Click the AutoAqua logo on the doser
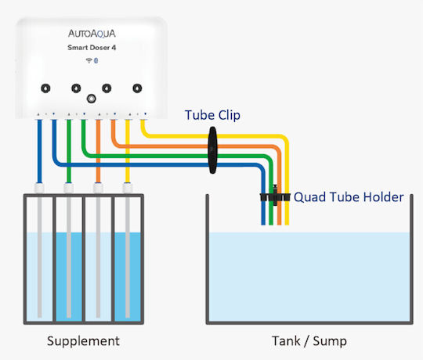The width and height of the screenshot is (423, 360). click(x=92, y=34)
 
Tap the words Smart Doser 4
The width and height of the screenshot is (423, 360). click(x=92, y=48)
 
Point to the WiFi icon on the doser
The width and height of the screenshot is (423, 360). click(x=89, y=60)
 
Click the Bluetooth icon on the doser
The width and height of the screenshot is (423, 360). click(x=96, y=60)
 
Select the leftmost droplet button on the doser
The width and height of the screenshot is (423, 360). click(x=45, y=88)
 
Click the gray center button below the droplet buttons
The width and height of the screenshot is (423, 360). click(x=91, y=99)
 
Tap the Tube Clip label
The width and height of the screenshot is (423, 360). click(x=212, y=115)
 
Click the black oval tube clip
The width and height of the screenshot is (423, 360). click(x=212, y=150)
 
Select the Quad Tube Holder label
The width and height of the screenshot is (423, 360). click(x=349, y=197)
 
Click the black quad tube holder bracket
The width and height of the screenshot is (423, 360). click(x=275, y=196)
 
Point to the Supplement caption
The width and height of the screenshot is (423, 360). click(x=83, y=341)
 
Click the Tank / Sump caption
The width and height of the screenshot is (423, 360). click(x=309, y=341)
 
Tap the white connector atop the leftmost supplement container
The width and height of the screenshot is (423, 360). click(x=39, y=188)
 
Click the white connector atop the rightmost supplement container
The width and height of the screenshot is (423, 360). click(x=128, y=188)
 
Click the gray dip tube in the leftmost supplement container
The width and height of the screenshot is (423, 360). click(x=40, y=257)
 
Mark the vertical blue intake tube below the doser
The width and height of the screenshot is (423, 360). click(x=39, y=151)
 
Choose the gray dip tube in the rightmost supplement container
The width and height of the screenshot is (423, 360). click(x=128, y=257)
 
